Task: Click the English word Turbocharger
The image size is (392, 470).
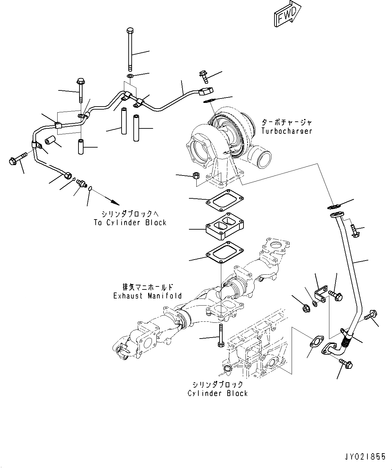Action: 287,131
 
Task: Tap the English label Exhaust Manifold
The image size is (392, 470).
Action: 148,296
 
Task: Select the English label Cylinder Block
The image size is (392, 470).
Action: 218,393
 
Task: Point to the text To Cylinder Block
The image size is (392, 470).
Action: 130,222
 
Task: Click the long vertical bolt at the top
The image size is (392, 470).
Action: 130,49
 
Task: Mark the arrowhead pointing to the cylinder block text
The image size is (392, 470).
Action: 115,202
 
